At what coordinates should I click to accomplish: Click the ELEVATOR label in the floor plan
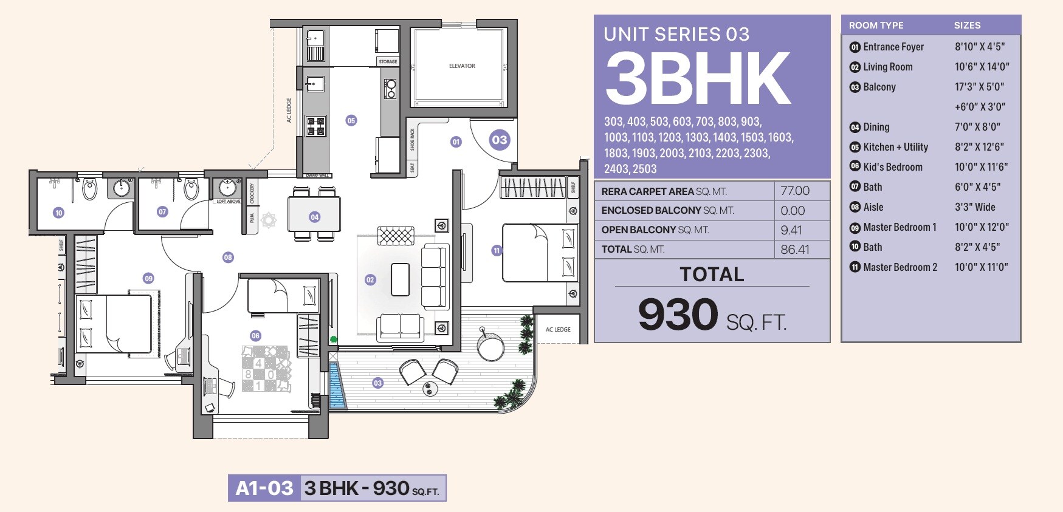[462, 66]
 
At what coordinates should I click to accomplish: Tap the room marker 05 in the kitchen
[351, 120]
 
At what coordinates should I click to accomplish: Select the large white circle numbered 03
[499, 140]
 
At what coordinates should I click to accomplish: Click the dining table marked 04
[314, 216]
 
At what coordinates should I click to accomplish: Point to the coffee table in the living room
[400, 279]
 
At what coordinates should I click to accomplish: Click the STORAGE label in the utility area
[388, 61]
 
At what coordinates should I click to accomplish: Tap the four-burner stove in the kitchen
[315, 126]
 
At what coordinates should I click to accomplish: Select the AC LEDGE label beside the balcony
[558, 329]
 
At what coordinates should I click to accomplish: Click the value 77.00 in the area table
[795, 191]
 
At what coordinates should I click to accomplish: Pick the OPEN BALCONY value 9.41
[791, 230]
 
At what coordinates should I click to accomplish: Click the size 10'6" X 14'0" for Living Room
[982, 67]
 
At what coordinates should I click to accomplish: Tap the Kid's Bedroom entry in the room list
[892, 167]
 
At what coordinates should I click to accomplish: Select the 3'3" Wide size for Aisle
[975, 207]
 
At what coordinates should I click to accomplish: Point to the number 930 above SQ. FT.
[678, 315]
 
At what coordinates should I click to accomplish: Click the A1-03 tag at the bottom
[264, 488]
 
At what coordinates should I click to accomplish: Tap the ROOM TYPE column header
[876, 26]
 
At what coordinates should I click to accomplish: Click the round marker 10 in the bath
[58, 213]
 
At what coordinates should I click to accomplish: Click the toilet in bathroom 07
[191, 189]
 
